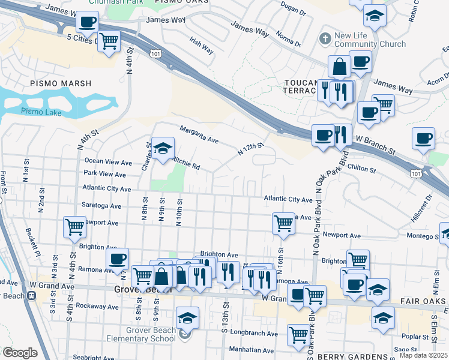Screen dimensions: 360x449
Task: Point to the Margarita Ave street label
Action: click(x=200, y=134)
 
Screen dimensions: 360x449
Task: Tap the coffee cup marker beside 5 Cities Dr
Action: click(x=87, y=22)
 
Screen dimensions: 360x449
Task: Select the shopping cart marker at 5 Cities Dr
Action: click(x=109, y=41)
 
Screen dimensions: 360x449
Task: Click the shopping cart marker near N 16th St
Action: click(x=283, y=223)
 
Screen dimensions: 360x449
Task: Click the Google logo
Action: click(x=19, y=353)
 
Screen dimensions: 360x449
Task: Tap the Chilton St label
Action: click(x=361, y=169)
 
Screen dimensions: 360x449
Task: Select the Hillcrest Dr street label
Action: click(x=427, y=203)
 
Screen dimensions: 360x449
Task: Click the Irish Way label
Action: click(x=202, y=46)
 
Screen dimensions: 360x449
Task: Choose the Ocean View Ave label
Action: click(x=108, y=161)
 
